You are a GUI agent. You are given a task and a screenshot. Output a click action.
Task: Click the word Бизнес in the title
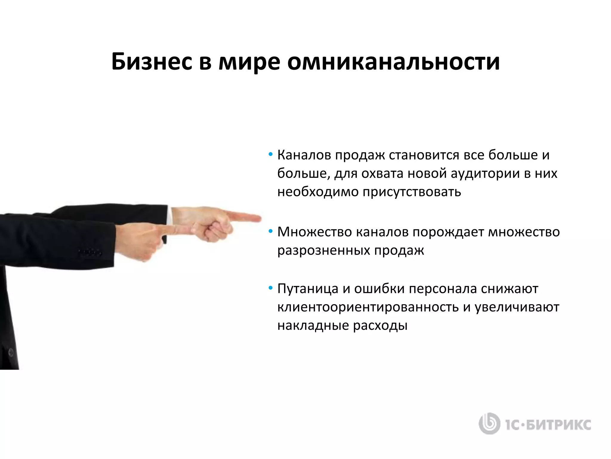tap(152, 62)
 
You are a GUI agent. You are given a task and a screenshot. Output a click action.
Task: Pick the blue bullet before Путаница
tap(270, 288)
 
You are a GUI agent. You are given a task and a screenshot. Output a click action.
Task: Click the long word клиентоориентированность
tap(368, 307)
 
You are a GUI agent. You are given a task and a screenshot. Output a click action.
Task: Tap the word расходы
tap(380, 325)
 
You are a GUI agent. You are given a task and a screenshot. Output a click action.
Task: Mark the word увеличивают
tap(517, 307)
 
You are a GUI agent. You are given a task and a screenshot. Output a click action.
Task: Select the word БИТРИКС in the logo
tap(558, 425)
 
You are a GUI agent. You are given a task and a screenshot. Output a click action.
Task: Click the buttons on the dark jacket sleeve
tap(90, 253)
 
